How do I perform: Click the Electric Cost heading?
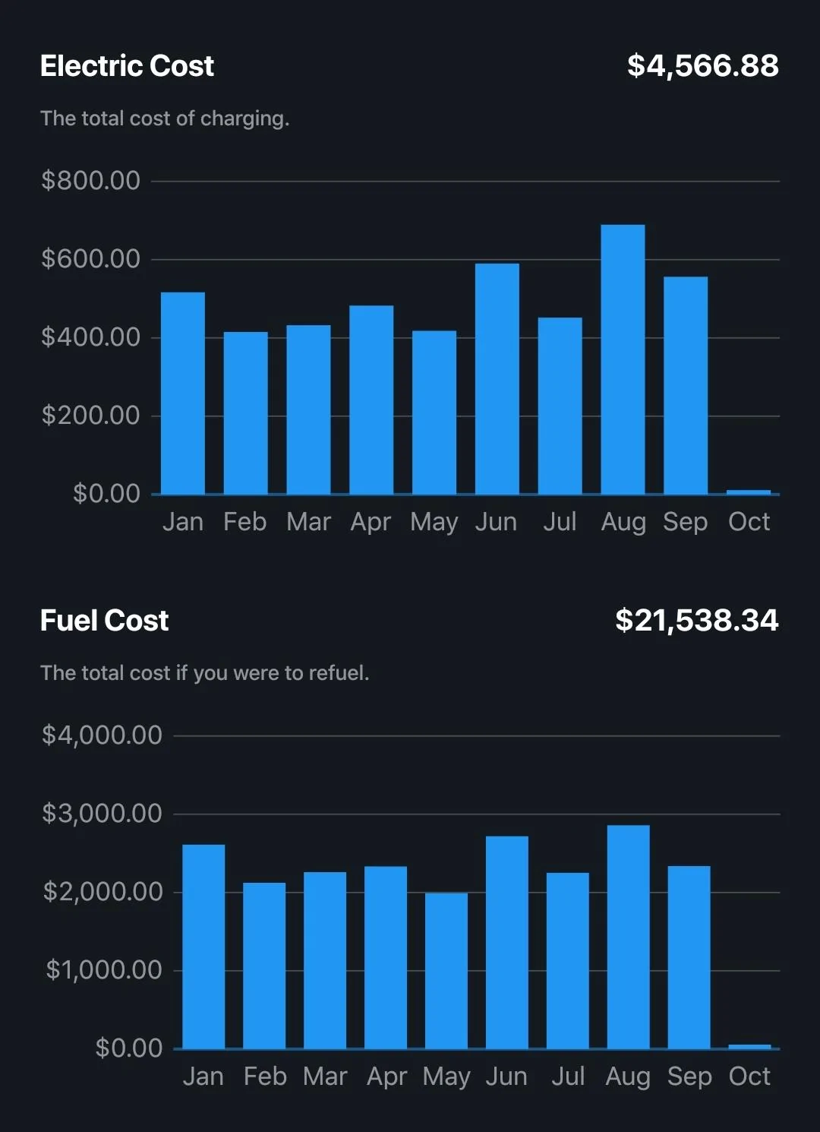[127, 66]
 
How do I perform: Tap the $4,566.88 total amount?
[702, 66]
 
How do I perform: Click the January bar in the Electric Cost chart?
[183, 393]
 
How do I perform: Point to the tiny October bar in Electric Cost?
[749, 492]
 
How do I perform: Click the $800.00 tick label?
[90, 181]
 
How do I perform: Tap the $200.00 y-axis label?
[90, 416]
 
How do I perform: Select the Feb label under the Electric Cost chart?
[244, 522]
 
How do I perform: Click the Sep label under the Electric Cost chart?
[685, 522]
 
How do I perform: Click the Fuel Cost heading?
[104, 621]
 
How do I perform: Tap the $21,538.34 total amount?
[696, 621]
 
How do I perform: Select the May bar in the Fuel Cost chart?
[446, 970]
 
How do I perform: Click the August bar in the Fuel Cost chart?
[629, 937]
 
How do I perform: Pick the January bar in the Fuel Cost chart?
[203, 947]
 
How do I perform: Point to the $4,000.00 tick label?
[102, 735]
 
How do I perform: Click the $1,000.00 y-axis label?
[103, 970]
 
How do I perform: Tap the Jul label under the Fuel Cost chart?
[567, 1077]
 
